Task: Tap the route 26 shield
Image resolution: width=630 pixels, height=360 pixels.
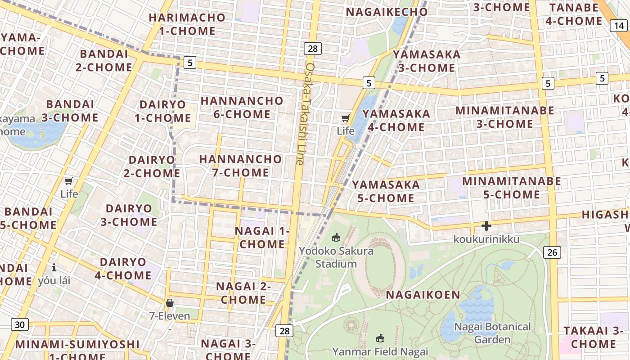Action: [552, 252]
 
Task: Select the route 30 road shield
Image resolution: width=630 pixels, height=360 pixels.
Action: [20, 324]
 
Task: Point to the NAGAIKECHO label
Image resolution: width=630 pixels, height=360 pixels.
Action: [387, 12]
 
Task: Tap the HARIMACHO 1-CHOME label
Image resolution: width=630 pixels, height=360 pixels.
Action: [187, 24]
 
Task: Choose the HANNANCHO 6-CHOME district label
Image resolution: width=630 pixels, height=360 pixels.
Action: [242, 107]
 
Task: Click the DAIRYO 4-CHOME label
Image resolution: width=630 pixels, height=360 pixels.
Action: [123, 269]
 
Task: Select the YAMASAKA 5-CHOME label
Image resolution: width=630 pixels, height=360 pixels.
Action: [386, 191]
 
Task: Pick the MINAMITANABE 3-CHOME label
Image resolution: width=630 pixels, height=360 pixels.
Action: [505, 117]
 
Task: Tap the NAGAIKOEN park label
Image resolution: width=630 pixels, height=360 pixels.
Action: [423, 295]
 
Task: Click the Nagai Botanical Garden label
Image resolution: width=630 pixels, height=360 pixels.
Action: [492, 333]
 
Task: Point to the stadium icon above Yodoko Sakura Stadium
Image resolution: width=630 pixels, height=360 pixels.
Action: [336, 237]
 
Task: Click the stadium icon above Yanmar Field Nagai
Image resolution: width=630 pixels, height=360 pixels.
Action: [380, 337]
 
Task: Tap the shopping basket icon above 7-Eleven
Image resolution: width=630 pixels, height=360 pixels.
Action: [170, 303]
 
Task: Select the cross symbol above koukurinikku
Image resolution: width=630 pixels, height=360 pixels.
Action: [486, 226]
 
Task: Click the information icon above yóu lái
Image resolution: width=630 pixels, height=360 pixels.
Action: [54, 267]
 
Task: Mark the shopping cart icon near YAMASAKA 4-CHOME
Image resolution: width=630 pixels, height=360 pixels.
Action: [346, 118]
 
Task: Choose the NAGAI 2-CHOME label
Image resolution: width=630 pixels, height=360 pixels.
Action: [243, 292]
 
